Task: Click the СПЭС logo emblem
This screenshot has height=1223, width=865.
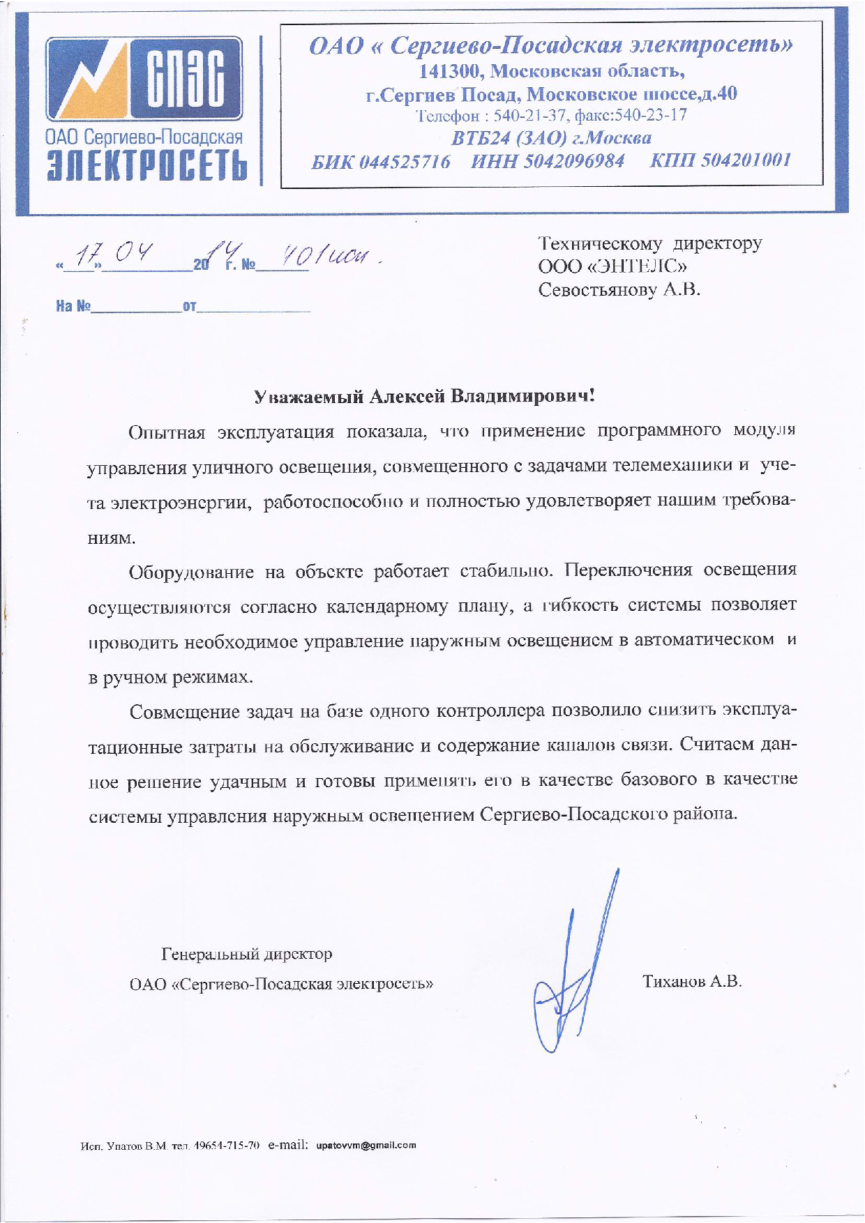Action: tap(144, 78)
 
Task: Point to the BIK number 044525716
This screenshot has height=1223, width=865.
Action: tap(405, 161)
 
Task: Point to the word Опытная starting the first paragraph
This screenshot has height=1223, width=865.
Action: tap(167, 432)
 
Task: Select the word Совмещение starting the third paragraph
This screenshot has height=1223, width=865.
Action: tap(184, 712)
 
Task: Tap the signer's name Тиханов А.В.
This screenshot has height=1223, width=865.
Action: tap(691, 982)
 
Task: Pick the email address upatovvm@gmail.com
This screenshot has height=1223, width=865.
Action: tap(366, 1145)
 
